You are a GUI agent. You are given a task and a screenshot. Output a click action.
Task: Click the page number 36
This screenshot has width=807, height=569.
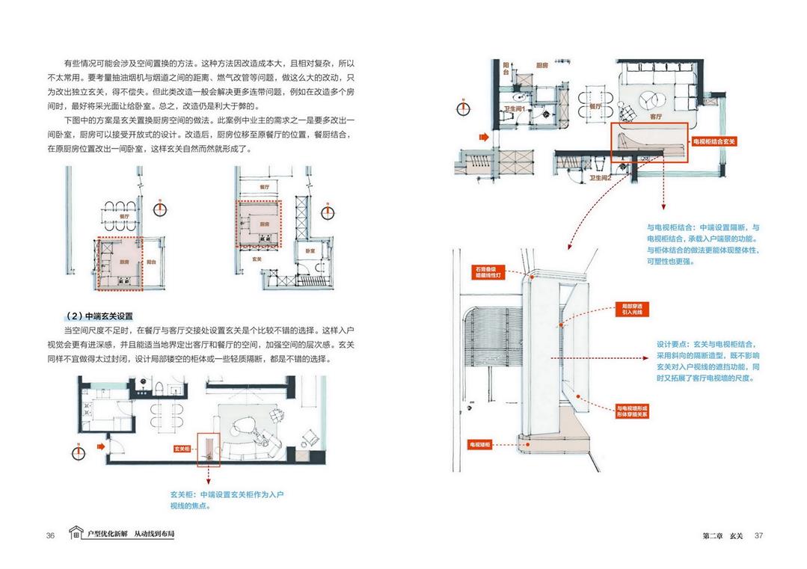[x=50, y=535]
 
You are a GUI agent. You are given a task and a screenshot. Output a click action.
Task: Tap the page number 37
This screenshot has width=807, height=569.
[x=758, y=535]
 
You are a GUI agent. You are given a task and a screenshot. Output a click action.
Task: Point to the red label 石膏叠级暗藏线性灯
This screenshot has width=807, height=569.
[x=491, y=271]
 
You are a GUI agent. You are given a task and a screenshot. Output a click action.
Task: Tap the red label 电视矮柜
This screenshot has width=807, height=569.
[x=480, y=444]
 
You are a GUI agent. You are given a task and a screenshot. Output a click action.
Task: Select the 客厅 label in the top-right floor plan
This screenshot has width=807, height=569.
[x=655, y=116]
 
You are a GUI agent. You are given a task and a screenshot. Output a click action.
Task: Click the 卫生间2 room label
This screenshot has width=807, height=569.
[x=601, y=179]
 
